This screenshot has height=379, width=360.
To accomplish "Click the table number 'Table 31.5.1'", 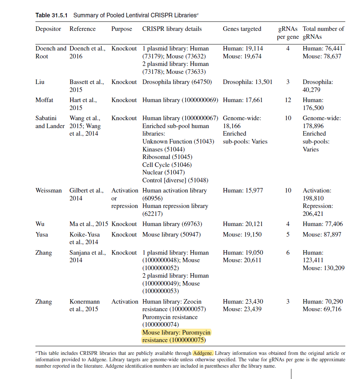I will [x=51, y=15].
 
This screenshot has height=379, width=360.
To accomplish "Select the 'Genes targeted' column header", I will [x=242, y=29].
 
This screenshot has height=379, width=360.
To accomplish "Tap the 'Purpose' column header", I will [x=122, y=29].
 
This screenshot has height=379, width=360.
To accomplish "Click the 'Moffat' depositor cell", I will [x=44, y=100].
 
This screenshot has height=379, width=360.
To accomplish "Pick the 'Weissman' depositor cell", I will [x=49, y=191].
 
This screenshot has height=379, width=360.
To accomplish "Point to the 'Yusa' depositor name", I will [x=42, y=235].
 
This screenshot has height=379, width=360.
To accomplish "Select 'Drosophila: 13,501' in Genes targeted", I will [x=247, y=82].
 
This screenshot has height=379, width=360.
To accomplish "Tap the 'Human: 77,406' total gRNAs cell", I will [x=323, y=224].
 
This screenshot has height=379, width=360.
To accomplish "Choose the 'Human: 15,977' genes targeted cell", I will [x=243, y=191].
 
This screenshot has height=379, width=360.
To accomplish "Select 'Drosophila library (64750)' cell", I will [x=177, y=82].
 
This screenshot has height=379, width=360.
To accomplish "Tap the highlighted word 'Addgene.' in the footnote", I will [x=203, y=353].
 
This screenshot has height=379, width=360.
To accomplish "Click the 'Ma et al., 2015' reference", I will [x=89, y=224].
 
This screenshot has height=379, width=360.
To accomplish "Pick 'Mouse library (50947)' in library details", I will [x=172, y=235].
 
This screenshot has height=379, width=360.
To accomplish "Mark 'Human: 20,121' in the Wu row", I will [x=243, y=224].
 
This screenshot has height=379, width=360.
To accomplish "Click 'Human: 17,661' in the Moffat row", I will [x=243, y=100].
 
